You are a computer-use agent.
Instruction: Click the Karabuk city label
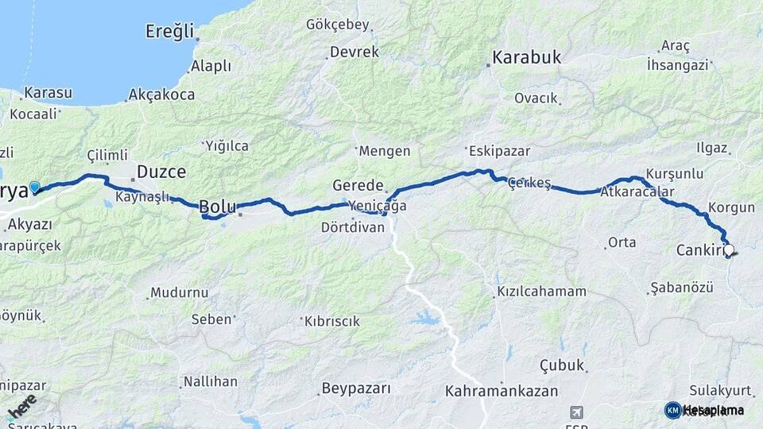(x=527, y=57)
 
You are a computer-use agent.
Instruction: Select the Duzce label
(x=161, y=172)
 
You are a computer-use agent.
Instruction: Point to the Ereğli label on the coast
(x=170, y=31)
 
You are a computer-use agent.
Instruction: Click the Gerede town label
(x=358, y=184)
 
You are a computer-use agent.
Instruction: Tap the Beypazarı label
(x=356, y=388)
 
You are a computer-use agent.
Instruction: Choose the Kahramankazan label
(x=501, y=391)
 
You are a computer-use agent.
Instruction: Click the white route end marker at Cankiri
(x=729, y=250)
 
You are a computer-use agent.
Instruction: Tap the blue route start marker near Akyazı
(x=34, y=187)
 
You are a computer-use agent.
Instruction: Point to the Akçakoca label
(x=163, y=95)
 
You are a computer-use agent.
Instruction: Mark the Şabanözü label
(x=681, y=287)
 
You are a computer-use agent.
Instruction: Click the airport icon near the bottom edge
(x=575, y=412)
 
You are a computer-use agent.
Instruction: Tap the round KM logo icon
(x=672, y=410)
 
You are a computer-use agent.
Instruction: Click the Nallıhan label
(x=211, y=381)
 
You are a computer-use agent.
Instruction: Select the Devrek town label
(x=354, y=52)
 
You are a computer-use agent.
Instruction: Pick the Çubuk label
(x=563, y=365)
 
